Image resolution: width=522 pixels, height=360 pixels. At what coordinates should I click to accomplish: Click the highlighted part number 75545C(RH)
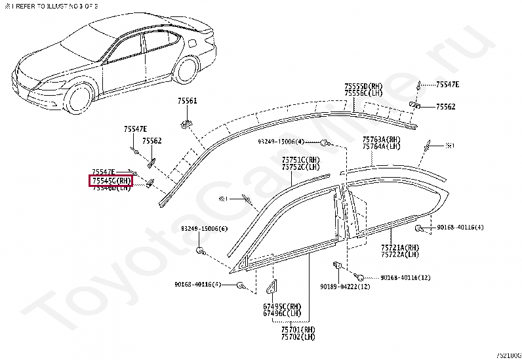click(111, 180)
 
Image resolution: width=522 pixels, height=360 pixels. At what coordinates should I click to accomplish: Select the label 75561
click(187, 101)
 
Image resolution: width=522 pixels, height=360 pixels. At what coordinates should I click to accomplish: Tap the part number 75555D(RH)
click(363, 86)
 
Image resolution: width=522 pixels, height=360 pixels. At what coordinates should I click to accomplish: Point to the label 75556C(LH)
click(363, 93)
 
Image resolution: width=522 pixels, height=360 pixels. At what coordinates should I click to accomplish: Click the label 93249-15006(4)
click(281, 142)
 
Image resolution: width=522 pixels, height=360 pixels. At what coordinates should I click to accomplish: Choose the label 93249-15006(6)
click(205, 229)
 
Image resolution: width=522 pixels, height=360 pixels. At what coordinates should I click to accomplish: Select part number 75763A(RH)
click(381, 140)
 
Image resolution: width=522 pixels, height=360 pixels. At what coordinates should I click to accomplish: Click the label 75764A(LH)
click(381, 147)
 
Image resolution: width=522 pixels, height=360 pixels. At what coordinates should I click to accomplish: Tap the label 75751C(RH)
click(301, 160)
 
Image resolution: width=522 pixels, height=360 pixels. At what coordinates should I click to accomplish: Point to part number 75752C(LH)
click(301, 167)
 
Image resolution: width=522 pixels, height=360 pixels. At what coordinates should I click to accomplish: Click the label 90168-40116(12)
click(405, 277)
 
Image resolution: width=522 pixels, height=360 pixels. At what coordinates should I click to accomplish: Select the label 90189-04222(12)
click(345, 287)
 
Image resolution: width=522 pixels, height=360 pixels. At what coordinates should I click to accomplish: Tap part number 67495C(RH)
click(282, 306)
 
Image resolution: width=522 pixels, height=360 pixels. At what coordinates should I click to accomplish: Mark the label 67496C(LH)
click(282, 313)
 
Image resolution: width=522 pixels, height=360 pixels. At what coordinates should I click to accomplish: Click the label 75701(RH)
click(298, 330)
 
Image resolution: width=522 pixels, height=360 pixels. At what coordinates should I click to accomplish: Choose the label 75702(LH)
click(298, 337)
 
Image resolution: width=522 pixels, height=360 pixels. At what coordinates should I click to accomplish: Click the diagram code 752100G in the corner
click(508, 354)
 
